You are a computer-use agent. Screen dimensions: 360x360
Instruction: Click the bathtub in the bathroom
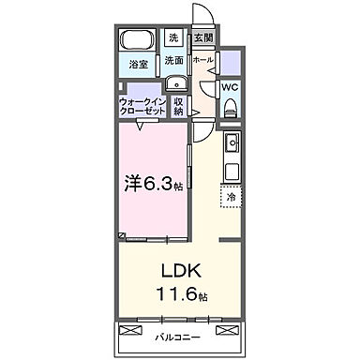(x=137, y=41)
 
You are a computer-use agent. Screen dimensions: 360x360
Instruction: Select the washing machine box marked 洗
(x=173, y=38)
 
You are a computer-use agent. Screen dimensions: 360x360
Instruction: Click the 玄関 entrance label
(x=202, y=38)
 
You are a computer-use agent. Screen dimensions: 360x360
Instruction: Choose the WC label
(x=231, y=90)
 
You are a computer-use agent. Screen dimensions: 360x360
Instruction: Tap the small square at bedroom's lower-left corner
(x=122, y=234)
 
